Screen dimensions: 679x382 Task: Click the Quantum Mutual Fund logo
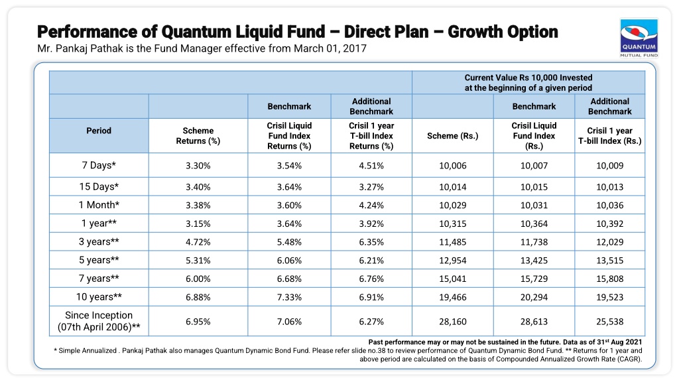[x=639, y=38]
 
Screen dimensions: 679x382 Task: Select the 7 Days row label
[x=99, y=165]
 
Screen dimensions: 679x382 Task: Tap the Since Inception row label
[x=99, y=321]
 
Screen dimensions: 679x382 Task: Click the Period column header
[x=99, y=131]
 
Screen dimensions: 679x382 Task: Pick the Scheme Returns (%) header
[x=198, y=135]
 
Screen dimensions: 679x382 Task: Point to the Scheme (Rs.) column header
[x=452, y=135]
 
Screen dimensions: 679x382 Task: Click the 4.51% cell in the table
[x=371, y=165]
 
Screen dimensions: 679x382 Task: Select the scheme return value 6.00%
[x=198, y=279]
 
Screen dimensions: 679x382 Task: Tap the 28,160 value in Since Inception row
[x=452, y=322]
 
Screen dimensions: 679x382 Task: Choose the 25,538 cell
[x=610, y=322]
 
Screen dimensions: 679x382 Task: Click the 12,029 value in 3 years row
[x=610, y=242]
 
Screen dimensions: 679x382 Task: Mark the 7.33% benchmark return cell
[x=289, y=297]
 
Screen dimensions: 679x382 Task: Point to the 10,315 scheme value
[x=452, y=224]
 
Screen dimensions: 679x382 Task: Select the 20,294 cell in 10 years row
[x=534, y=297]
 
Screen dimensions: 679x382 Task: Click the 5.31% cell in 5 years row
[x=198, y=260]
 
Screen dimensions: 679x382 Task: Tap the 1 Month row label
[x=99, y=205]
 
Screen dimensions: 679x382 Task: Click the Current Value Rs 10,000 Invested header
[x=528, y=78]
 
